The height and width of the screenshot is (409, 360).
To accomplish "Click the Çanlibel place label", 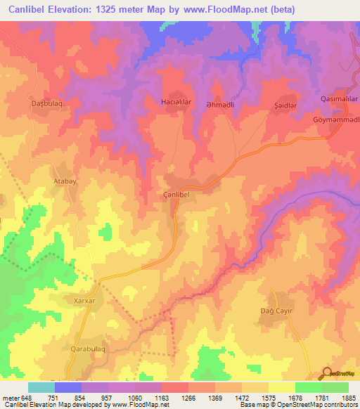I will click(176, 195).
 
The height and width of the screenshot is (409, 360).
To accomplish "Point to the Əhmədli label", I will click(226, 102).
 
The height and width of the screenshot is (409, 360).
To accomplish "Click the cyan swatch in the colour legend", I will click(41, 387).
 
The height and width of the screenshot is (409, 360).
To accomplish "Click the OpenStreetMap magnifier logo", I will click(327, 373).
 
